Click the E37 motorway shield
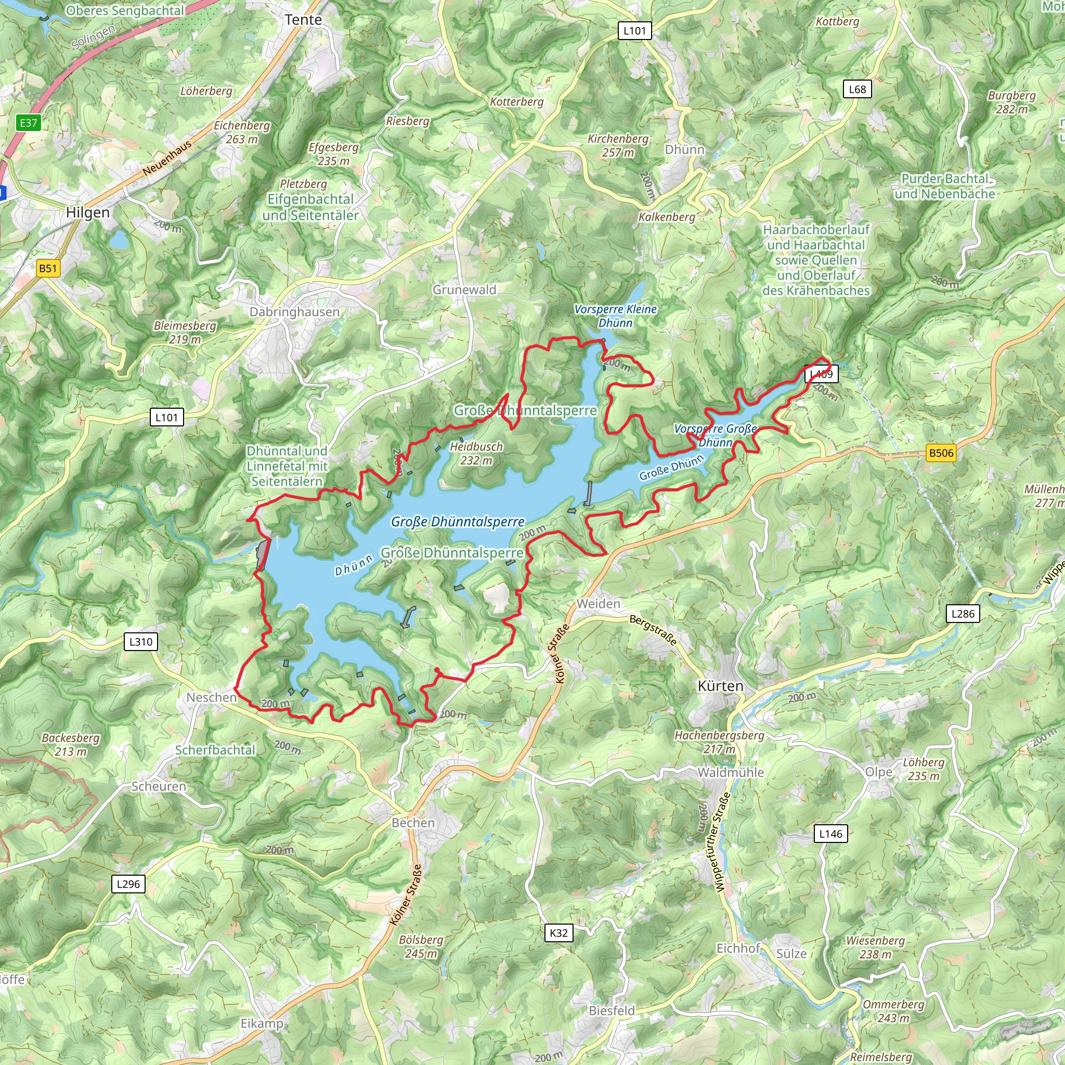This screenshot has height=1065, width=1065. pyautogui.click(x=29, y=123)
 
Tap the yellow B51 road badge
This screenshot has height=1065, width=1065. pyautogui.click(x=48, y=268)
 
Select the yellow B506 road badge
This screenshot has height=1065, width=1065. pyautogui.click(x=940, y=453)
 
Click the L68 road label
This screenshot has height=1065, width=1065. pyautogui.click(x=857, y=89)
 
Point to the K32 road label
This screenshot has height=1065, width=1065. pyautogui.click(x=559, y=933)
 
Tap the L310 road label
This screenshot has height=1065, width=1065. pyautogui.click(x=140, y=642)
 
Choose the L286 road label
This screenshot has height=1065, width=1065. pyautogui.click(x=963, y=614)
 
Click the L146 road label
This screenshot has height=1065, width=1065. pyautogui.click(x=830, y=834)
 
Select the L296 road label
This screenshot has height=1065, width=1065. pyautogui.click(x=128, y=884)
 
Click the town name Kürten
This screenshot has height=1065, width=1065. pyautogui.click(x=720, y=686)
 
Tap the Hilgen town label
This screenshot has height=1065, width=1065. pyautogui.click(x=88, y=213)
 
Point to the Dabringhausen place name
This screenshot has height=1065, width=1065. pyautogui.click(x=294, y=312)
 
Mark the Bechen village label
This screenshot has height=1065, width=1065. pyautogui.click(x=413, y=823)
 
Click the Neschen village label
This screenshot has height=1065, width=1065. pyautogui.click(x=211, y=697)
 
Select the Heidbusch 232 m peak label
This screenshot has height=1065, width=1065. pyautogui.click(x=476, y=453)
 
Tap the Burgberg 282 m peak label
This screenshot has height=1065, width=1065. pyautogui.click(x=1011, y=102)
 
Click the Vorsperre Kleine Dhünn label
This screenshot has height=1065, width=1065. pyautogui.click(x=615, y=316)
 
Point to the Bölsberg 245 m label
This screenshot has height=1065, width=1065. pyautogui.click(x=421, y=946)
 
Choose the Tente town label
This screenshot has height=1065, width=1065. pyautogui.click(x=303, y=20)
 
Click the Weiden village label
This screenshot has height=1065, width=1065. pyautogui.click(x=598, y=604)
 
